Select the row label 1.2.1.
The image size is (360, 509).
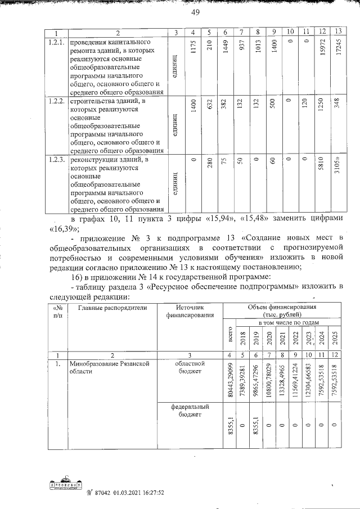56,43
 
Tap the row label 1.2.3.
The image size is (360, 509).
56,160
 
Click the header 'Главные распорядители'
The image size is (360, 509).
112,308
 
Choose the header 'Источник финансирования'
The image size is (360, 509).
191,312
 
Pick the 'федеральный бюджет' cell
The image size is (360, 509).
191,410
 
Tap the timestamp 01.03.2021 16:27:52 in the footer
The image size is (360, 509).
134,492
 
